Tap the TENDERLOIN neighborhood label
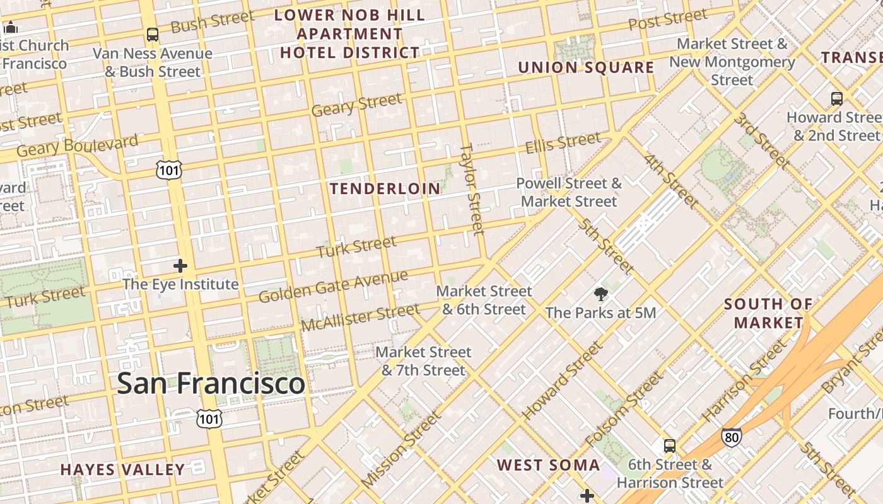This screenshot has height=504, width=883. pyautogui.click(x=385, y=188)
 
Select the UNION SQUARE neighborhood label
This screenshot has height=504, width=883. pyautogui.click(x=586, y=67)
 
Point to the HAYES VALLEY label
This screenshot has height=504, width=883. pyautogui.click(x=123, y=469)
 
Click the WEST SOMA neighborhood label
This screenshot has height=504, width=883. pyautogui.click(x=548, y=466)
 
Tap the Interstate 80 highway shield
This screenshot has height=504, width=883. pyautogui.click(x=731, y=437)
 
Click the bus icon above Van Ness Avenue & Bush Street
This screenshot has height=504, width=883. pyautogui.click(x=152, y=34)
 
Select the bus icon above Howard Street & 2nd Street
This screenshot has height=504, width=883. pyautogui.click(x=836, y=98)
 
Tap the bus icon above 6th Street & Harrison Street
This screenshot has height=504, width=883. pyautogui.click(x=670, y=446)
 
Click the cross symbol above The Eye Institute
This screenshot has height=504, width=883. pyautogui.click(x=180, y=266)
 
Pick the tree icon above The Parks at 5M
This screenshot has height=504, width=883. pyautogui.click(x=600, y=294)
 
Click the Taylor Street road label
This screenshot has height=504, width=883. pyautogui.click(x=472, y=188)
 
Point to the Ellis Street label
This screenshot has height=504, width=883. pyautogui.click(x=563, y=143)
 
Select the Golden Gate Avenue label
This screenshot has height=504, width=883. pyautogui.click(x=333, y=287)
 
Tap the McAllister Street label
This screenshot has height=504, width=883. pyautogui.click(x=360, y=317)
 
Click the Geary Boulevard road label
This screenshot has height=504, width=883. pyautogui.click(x=77, y=146)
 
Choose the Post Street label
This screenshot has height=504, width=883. pyautogui.click(x=667, y=20)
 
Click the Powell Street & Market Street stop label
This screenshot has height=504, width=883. pyautogui.click(x=569, y=193)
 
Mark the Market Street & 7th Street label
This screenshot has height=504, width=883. pyautogui.click(x=423, y=362)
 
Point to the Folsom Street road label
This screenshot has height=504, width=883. pyautogui.click(x=624, y=409)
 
